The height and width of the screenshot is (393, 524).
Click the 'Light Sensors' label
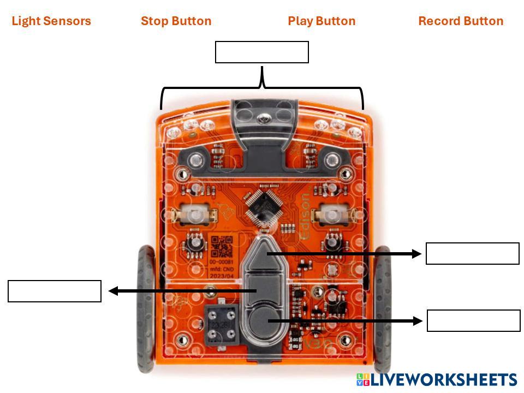(x=51, y=21)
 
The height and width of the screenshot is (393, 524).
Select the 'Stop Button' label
(x=176, y=21)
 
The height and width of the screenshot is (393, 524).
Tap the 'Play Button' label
(x=321, y=21)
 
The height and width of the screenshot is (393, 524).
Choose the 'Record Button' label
(x=461, y=21)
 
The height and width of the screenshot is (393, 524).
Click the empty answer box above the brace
(x=262, y=52)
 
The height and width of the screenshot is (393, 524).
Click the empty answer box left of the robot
(x=55, y=291)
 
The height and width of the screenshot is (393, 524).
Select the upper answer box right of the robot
(x=472, y=254)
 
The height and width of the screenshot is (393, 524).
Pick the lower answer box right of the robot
(x=473, y=320)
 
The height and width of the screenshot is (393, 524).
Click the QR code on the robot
(x=222, y=247)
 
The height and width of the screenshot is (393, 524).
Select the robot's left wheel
(x=146, y=308)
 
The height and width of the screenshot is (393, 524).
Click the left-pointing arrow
(x=180, y=291)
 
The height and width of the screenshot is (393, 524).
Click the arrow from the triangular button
(x=344, y=254)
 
